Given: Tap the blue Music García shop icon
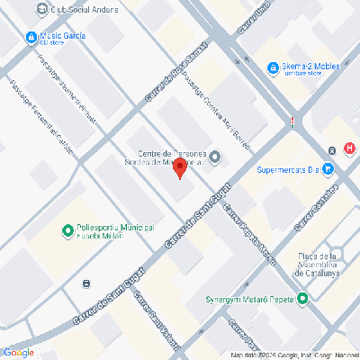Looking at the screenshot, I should (32, 37).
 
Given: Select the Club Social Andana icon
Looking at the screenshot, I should (40, 9).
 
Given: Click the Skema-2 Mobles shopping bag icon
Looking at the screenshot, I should (273, 67).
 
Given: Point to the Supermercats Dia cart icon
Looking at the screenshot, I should (328, 167).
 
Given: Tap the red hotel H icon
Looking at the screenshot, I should (348, 148).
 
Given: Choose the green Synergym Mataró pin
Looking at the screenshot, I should (302, 300).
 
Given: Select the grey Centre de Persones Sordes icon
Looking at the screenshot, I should (214, 159).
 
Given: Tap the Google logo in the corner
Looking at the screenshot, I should (18, 352).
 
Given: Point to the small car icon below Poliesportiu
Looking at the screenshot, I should (85, 283).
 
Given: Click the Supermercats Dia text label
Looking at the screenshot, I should (287, 168).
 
